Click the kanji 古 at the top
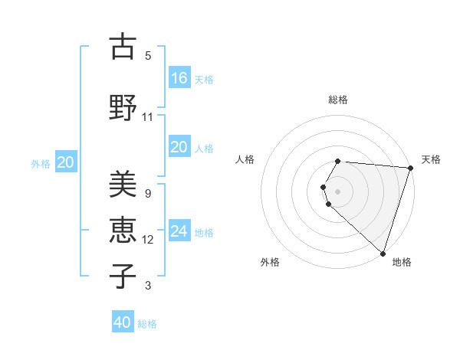tap(123, 47)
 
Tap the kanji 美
tap(123, 185)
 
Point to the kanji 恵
tap(123, 228)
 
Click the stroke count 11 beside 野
tap(147, 117)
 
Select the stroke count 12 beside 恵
tap(147, 240)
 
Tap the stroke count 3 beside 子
tap(147, 286)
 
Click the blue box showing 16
tap(179, 77)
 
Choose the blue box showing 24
tap(179, 231)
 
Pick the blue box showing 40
tap(123, 322)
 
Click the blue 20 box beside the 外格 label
tap(66, 162)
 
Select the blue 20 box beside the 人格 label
tap(179, 147)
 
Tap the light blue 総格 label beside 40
tap(147, 324)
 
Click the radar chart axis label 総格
tap(337, 100)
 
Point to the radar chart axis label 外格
tap(270, 262)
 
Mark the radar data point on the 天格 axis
tap(410, 168)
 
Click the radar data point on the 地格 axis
tap(383, 254)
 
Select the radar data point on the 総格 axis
tap(337, 162)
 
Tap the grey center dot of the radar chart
tap(337, 191)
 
